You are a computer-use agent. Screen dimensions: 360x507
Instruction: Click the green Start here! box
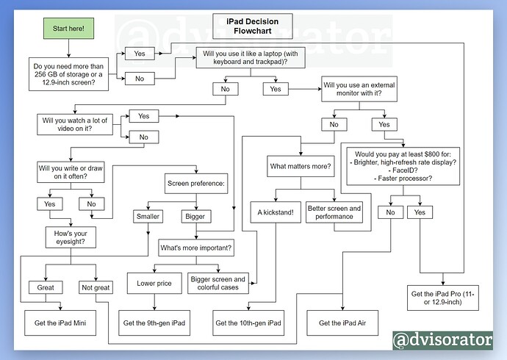coord(68,28)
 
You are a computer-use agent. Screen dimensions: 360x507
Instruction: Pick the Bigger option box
coord(195,217)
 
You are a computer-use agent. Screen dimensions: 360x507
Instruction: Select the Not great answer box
coord(95,287)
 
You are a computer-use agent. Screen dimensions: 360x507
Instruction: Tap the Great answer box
coord(46,287)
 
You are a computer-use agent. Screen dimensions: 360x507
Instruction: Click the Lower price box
coord(154,283)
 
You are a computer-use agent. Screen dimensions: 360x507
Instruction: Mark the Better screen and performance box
coord(334,212)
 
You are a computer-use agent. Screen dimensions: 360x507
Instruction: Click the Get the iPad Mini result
coord(61,323)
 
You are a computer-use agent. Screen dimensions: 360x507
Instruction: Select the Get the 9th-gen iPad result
coord(155,323)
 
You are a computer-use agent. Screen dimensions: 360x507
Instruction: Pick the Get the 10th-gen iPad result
coord(248,323)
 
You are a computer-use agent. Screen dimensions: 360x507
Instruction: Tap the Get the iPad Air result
coord(343,323)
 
